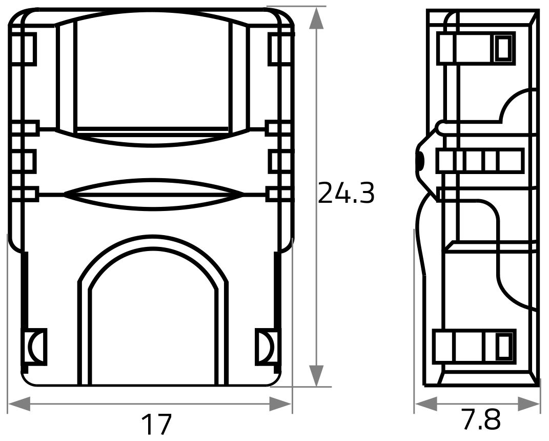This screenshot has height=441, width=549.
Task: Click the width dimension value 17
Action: [156, 424]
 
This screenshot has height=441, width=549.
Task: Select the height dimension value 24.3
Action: [347, 193]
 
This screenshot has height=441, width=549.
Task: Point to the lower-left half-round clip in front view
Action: [35, 347]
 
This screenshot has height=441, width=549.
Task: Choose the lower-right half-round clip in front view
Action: [265, 347]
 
